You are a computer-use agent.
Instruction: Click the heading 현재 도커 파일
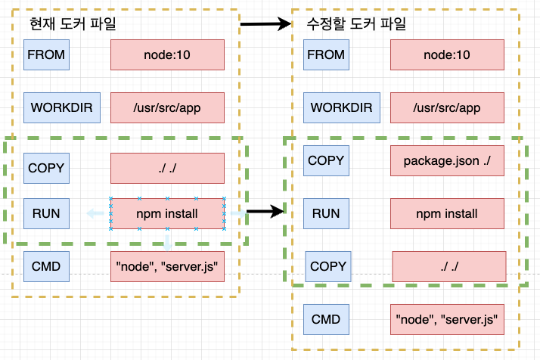tap(73, 23)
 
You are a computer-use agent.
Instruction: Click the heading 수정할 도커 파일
tap(356, 23)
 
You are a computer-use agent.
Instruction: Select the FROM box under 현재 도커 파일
tap(46, 54)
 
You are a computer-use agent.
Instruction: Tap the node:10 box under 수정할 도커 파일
tap(447, 54)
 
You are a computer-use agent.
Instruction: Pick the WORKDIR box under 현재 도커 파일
tap(62, 107)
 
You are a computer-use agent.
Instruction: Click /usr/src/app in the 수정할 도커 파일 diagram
tap(447, 107)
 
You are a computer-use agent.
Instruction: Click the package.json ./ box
tap(447, 160)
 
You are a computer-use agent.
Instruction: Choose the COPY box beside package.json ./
tap(326, 160)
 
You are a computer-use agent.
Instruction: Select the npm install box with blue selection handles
tap(167, 213)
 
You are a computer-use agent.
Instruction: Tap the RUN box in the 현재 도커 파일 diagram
tap(46, 213)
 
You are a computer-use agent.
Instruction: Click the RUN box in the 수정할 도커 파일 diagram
tap(326, 213)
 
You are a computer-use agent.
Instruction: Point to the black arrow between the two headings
tap(266, 23)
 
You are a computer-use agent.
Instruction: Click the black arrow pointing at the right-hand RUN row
tap(265, 211)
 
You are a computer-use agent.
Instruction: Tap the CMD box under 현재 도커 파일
tap(46, 267)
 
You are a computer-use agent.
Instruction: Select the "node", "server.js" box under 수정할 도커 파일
tap(447, 319)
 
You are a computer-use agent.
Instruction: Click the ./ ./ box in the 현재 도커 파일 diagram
tap(167, 168)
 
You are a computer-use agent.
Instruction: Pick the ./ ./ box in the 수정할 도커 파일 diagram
tap(449, 267)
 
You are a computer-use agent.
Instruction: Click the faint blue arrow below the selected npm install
tap(167, 243)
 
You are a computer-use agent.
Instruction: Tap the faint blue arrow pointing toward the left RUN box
tap(95, 213)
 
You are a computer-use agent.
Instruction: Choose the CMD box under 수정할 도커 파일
tap(326, 319)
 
